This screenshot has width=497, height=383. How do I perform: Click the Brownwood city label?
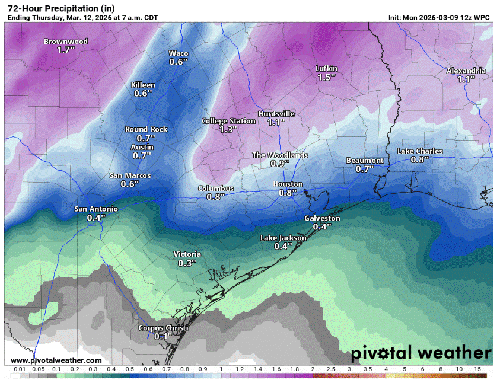66,42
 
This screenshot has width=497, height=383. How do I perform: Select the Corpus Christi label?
163,328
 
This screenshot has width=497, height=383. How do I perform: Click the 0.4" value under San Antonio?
95,218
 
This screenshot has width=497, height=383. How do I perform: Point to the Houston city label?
288,184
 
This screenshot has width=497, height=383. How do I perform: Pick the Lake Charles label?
420,151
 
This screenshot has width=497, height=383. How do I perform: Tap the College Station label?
228,121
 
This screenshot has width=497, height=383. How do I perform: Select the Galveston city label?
322,218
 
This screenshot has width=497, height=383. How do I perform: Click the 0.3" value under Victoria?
187,263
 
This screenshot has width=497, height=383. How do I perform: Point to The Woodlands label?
280,155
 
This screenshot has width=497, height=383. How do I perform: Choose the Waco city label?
179,53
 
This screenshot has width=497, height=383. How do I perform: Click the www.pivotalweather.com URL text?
56,360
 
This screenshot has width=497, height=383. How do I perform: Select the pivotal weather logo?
420,353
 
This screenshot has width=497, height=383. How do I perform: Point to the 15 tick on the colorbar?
476,369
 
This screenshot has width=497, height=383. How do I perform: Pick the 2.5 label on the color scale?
330,369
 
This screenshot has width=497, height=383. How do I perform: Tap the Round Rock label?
146,129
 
